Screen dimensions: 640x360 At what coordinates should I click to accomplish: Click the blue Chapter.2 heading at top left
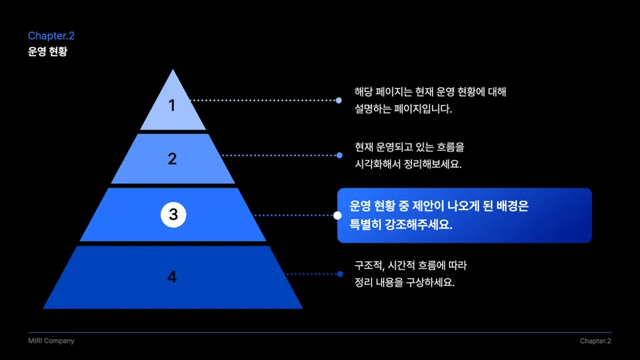(51, 36)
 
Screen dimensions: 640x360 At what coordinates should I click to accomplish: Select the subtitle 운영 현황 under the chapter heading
(47, 52)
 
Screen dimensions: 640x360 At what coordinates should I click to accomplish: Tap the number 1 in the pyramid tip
(172, 105)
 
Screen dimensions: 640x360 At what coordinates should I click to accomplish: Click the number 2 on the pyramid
(172, 158)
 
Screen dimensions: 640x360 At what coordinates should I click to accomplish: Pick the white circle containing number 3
(173, 215)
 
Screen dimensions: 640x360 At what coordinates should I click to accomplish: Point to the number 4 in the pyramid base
(172, 277)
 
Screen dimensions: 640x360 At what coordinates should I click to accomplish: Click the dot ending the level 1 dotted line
(339, 100)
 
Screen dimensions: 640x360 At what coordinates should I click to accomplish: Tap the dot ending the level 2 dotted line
(339, 155)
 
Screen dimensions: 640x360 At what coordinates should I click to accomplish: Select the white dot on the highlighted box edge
(338, 215)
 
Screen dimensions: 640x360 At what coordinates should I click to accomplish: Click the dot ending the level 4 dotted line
(340, 274)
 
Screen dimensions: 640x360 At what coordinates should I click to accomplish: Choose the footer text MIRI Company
(51, 341)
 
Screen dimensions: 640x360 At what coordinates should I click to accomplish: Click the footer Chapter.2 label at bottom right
(595, 341)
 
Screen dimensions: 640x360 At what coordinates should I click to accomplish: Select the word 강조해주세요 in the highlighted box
(418, 225)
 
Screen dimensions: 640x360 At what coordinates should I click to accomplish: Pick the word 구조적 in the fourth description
(369, 266)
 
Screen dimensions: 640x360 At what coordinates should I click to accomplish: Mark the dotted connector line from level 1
(264, 100)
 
